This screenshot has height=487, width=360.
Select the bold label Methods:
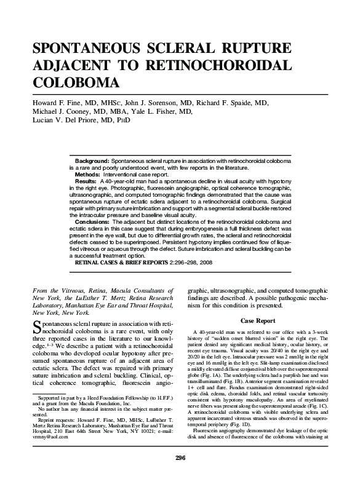[x=88, y=175]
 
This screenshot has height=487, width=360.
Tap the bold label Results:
[x=86, y=182]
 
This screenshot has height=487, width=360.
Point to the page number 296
[x=180, y=475]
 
